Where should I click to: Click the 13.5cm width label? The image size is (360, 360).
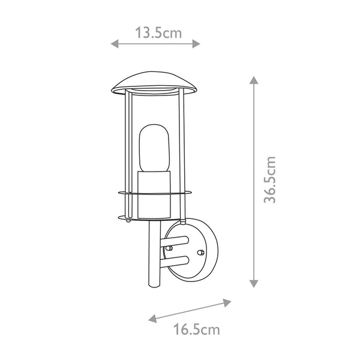[158, 32]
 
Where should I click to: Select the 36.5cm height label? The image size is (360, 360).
[271, 180]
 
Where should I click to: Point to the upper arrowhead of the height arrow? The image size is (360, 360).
[254, 81]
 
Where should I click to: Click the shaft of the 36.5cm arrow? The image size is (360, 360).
[254, 180]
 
